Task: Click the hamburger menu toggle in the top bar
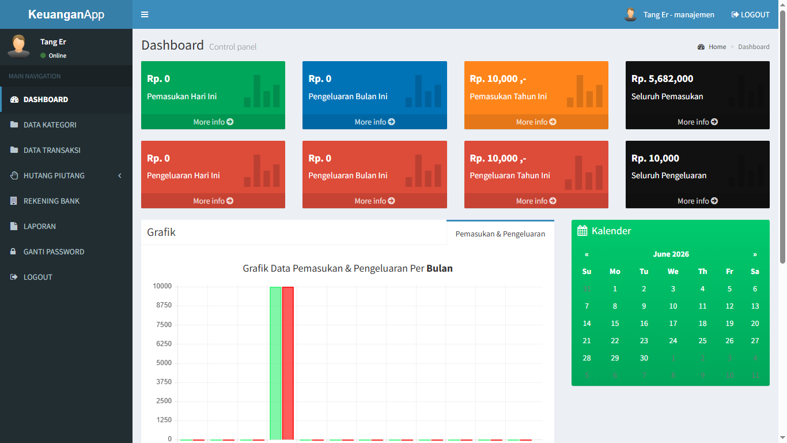[145, 14]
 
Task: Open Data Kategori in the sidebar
[50, 125]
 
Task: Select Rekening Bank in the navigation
[51, 201]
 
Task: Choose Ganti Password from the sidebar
[54, 251]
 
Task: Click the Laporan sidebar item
[39, 226]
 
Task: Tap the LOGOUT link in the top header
[751, 14]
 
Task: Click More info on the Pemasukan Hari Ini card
[213, 122]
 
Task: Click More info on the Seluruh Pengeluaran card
[697, 201]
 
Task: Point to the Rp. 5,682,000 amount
[662, 78]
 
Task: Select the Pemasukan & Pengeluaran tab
[500, 234]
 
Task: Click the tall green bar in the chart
[275, 363]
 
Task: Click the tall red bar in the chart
[287, 363]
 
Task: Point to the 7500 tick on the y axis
[164, 324]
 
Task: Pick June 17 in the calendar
[673, 324]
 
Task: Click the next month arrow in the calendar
[755, 254]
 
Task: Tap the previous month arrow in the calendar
[587, 254]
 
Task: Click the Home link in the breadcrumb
[717, 47]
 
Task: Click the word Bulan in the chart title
[439, 268]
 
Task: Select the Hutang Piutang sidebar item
[54, 175]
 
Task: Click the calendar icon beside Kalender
[582, 231]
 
